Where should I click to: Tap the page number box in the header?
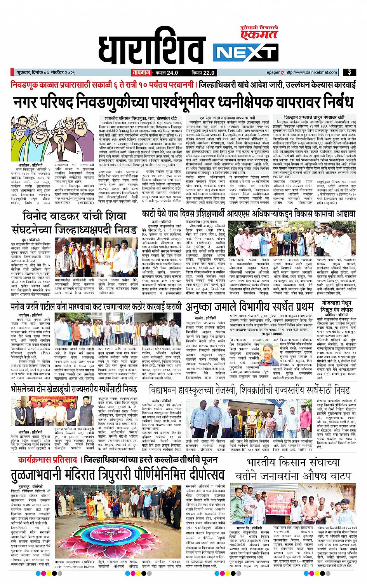350,72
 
